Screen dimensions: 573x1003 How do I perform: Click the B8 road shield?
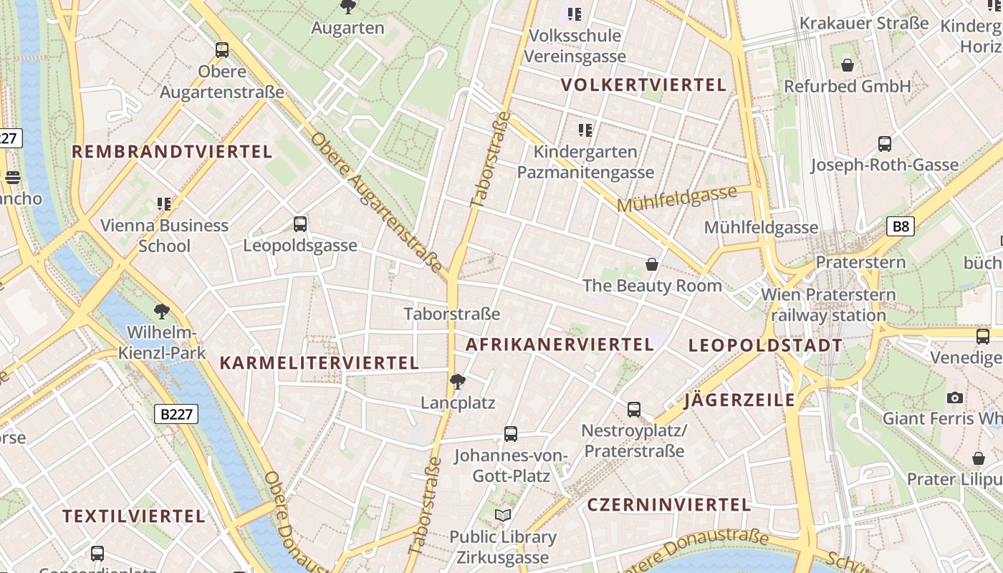pos(901,227)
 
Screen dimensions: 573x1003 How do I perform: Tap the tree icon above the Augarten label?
pos(348,7)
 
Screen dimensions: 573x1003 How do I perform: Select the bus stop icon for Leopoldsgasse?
pos(300,224)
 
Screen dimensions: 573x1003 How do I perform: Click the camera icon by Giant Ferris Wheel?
pos(954,398)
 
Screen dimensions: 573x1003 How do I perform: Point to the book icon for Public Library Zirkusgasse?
pos(503,515)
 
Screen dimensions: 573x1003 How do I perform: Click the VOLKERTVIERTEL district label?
pos(643,85)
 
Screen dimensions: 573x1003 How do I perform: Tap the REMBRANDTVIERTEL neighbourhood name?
pos(172,152)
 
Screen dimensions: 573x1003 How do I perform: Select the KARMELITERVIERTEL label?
pos(319,363)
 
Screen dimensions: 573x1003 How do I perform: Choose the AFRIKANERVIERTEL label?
pos(560,345)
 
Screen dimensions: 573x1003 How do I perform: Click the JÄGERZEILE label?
pos(739,400)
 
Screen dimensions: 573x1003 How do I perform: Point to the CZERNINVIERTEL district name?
pos(668,505)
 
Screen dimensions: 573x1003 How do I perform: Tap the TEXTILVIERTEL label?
pos(133,516)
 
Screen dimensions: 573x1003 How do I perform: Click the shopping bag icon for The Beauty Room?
pos(652,265)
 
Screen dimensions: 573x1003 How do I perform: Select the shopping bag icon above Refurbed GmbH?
pos(848,65)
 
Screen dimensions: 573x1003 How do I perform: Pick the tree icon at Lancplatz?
pos(458,381)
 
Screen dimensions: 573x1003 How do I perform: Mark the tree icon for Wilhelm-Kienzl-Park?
pos(162,312)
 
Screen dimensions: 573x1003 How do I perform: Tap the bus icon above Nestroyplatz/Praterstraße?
pos(634,410)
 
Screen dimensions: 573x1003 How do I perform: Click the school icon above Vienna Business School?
pos(164,204)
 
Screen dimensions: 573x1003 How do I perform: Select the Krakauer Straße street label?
pos(864,23)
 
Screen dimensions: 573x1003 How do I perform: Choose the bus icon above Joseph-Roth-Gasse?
pos(885,144)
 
